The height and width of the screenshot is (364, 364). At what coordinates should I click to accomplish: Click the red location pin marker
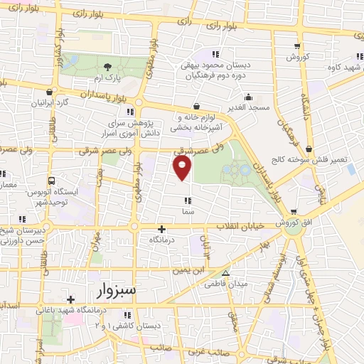[183, 168]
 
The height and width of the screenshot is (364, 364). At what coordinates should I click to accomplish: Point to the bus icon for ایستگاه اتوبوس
[51, 181]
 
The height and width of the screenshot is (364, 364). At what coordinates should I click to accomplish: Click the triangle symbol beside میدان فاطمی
[225, 273]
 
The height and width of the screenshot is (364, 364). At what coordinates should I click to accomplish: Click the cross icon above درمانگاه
[162, 229]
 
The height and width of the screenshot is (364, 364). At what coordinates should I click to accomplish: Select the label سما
[188, 211]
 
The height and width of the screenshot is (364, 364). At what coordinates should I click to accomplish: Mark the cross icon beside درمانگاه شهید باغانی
[70, 299]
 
